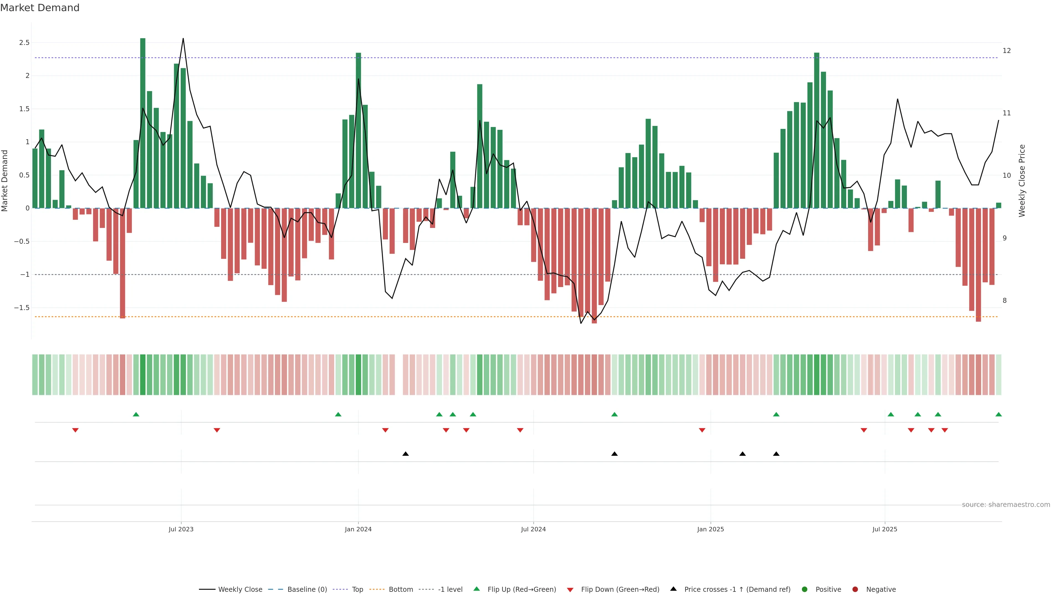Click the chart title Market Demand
(x=40, y=8)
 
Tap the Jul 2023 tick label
(x=181, y=529)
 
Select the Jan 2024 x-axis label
(x=358, y=529)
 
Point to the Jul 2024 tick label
(x=533, y=529)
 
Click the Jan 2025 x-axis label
(x=710, y=529)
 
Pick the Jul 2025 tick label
(x=885, y=529)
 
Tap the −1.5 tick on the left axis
(x=22, y=308)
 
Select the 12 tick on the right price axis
(x=1007, y=51)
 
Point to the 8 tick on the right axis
(x=1004, y=301)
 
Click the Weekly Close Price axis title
(x=1022, y=181)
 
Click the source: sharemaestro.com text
(x=1006, y=505)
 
